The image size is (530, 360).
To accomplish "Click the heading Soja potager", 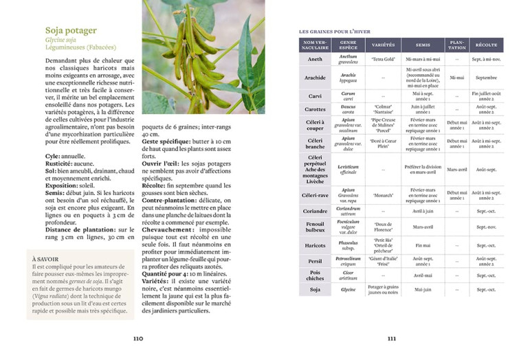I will tap(71, 30).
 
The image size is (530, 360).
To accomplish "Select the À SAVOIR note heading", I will tap(46, 259).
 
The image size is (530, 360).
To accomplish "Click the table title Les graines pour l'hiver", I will tap(335, 32).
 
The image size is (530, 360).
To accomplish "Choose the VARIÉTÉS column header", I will tap(383, 45).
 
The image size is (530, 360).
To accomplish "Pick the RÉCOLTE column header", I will tap(486, 45).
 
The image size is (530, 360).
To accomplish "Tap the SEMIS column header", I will tap(423, 45).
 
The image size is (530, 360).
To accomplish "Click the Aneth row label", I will tap(315, 60).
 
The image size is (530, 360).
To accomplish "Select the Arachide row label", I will tap(315, 78).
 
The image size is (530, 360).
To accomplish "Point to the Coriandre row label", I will tap(315, 211).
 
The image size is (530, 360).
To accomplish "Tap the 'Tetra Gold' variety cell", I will tap(383, 60).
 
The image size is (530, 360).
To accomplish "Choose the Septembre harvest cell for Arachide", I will tap(486, 78).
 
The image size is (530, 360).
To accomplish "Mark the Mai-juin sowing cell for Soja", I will tap(423, 290).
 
